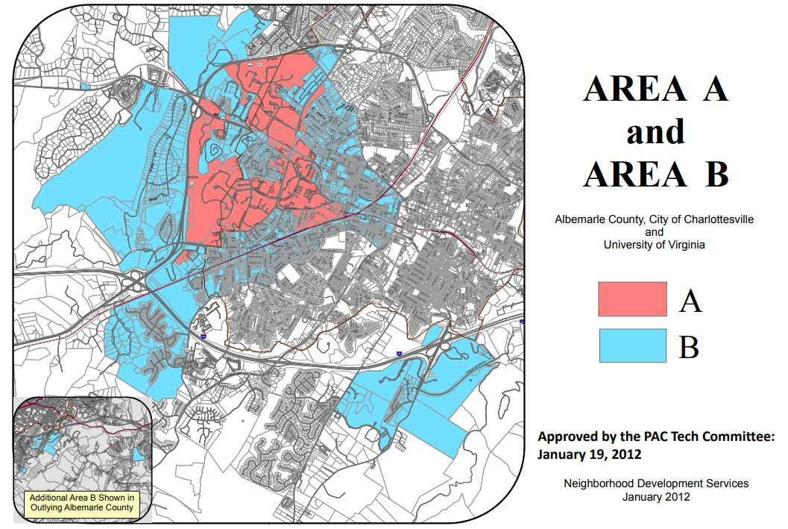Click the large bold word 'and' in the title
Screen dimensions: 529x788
point(655,132)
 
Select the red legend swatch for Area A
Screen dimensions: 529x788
point(632,298)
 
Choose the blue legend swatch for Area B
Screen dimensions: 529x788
point(632,345)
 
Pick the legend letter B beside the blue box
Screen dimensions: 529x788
point(689,347)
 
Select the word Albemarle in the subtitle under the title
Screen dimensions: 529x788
point(578,220)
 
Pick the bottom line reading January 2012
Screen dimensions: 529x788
point(655,497)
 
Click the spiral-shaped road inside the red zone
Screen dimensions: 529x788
point(215,151)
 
